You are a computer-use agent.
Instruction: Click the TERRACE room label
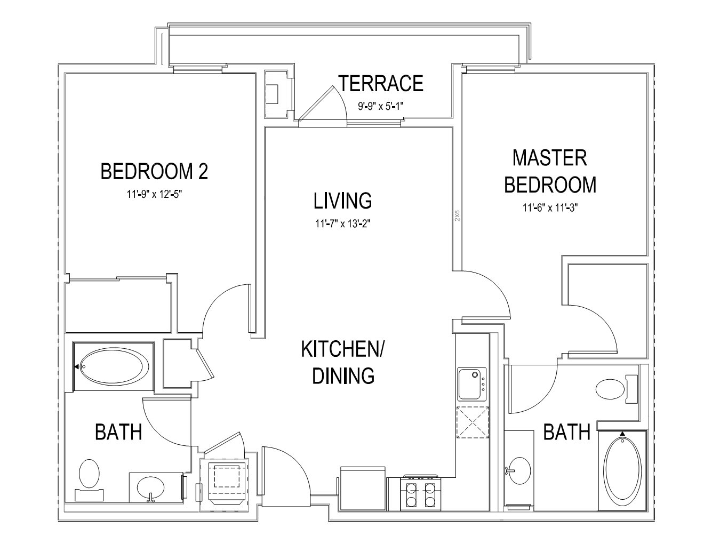[381, 83]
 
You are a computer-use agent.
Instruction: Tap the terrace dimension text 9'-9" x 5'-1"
[381, 106]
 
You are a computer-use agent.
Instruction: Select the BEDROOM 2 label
[154, 171]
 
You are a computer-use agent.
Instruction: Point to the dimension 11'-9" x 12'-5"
[154, 195]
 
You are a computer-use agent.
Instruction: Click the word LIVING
[343, 201]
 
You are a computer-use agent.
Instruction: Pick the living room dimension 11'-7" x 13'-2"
[343, 223]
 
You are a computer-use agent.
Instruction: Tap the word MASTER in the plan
[550, 158]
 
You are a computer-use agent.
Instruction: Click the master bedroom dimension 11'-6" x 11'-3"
[550, 207]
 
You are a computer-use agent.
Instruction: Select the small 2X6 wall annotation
[457, 216]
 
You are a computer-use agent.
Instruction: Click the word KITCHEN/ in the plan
[343, 349]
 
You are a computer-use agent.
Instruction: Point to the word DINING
[343, 375]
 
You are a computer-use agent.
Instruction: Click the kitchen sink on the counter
[471, 384]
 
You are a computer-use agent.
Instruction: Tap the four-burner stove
[420, 492]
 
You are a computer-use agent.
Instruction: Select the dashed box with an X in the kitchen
[473, 422]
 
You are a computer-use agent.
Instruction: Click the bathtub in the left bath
[114, 366]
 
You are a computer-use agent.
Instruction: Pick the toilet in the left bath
[89, 479]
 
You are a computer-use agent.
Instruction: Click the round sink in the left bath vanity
[150, 487]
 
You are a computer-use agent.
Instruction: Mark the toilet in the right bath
[617, 389]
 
